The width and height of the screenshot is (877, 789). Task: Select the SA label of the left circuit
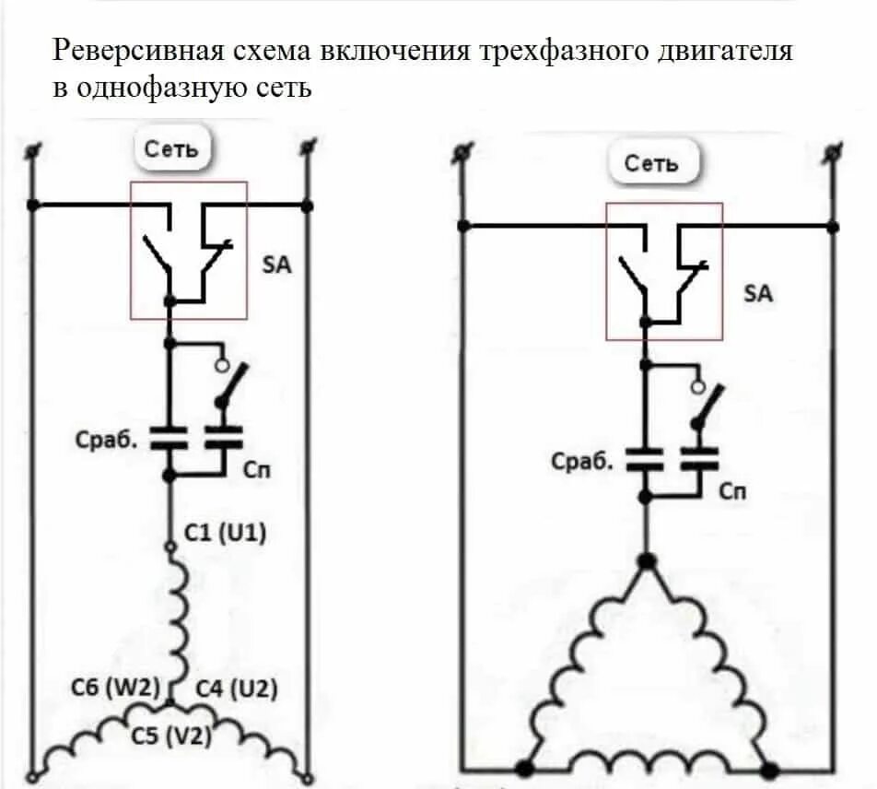pyautogui.click(x=276, y=265)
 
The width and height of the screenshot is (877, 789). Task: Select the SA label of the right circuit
pyautogui.click(x=758, y=295)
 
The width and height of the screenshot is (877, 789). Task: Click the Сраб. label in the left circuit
pyautogui.click(x=106, y=440)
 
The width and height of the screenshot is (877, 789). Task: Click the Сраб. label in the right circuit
pyautogui.click(x=582, y=461)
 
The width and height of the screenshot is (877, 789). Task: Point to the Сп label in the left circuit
pyautogui.click(x=258, y=470)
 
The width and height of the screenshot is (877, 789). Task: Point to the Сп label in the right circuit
pyautogui.click(x=733, y=491)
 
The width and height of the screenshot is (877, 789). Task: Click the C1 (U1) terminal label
pyautogui.click(x=227, y=533)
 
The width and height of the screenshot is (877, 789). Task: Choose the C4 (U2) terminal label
pyautogui.click(x=236, y=688)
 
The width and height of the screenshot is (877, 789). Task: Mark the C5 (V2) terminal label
pyautogui.click(x=170, y=736)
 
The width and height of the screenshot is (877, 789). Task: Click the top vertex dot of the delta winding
pyautogui.click(x=648, y=560)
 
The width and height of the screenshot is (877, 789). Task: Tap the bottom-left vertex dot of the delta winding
pyautogui.click(x=524, y=767)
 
